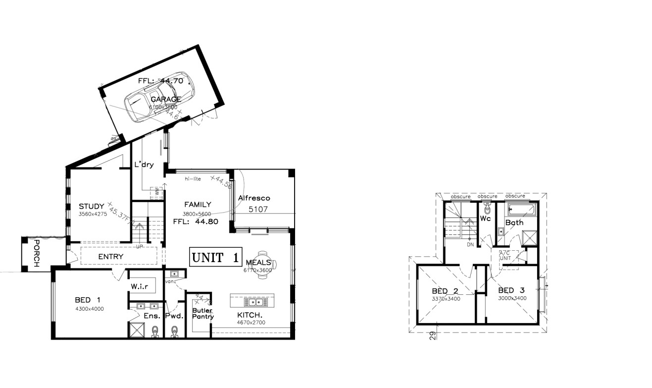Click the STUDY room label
91,207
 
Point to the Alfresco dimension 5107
257,209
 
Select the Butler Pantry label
202,314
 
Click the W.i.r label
141,286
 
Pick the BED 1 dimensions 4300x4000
89,309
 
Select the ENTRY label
110,257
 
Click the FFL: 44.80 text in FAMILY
196,222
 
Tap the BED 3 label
511,290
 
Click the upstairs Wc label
485,218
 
